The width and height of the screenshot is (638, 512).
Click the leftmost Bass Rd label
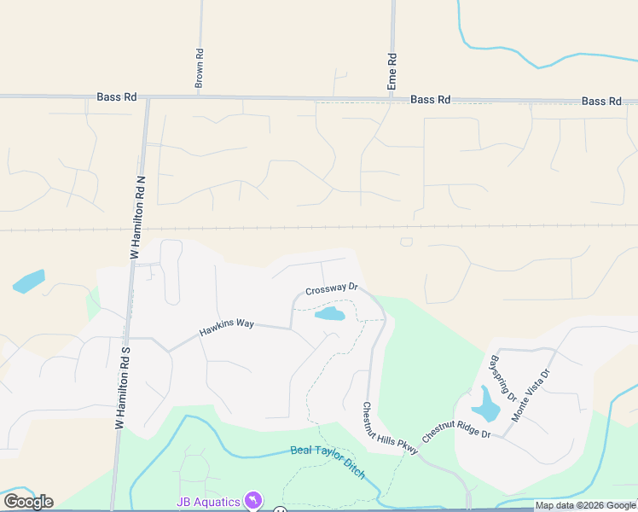pos(117,97)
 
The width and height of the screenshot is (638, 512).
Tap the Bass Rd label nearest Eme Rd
pos(430,100)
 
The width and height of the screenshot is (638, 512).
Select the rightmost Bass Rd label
pos(601,101)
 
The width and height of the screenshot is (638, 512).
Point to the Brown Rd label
pos(199,69)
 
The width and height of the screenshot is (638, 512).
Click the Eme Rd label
pos(392,73)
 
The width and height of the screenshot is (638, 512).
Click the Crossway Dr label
pos(331,290)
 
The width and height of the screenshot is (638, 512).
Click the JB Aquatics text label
pos(208,502)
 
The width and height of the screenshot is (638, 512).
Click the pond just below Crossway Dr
pos(330,314)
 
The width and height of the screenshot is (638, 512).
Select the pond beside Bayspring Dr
pos(485,406)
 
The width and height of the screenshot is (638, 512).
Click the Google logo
pos(28,502)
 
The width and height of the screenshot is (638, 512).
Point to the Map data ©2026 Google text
pos(584,505)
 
